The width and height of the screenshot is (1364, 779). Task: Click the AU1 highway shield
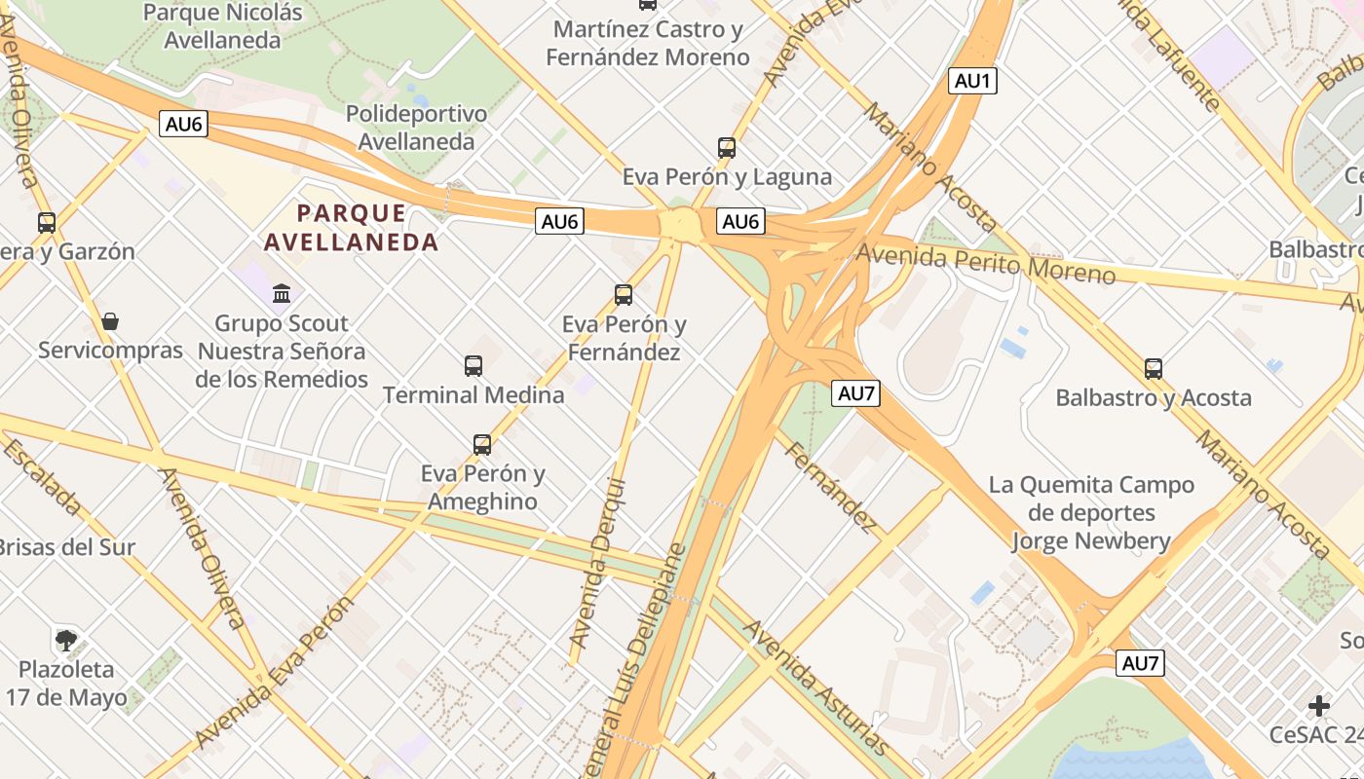[x=972, y=81]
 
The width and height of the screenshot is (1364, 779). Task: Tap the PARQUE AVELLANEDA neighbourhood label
[x=352, y=227]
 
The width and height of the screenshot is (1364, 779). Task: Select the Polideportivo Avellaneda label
[x=416, y=128]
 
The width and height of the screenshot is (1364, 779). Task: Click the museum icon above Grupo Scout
[x=282, y=293]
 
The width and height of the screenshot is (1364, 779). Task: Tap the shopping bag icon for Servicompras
[x=110, y=321]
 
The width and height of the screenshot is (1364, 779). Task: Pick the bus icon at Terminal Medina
[x=474, y=366]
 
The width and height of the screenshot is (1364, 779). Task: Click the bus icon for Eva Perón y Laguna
[x=727, y=148]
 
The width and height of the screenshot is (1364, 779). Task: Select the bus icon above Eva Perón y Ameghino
[x=482, y=445]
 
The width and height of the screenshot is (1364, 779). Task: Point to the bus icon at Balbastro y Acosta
[x=1154, y=369]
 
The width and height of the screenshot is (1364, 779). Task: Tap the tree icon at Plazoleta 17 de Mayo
[x=66, y=640]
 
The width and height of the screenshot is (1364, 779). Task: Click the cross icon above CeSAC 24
[x=1319, y=705]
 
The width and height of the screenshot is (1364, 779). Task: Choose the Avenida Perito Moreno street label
[x=985, y=262]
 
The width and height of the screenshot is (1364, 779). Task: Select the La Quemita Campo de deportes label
[x=1091, y=512]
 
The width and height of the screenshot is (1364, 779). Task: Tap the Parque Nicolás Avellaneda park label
[x=223, y=26]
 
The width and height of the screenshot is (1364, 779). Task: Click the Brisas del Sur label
[x=66, y=546]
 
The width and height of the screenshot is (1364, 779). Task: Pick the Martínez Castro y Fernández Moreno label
[x=648, y=43]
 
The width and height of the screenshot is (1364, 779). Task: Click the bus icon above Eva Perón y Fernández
[x=624, y=294]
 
